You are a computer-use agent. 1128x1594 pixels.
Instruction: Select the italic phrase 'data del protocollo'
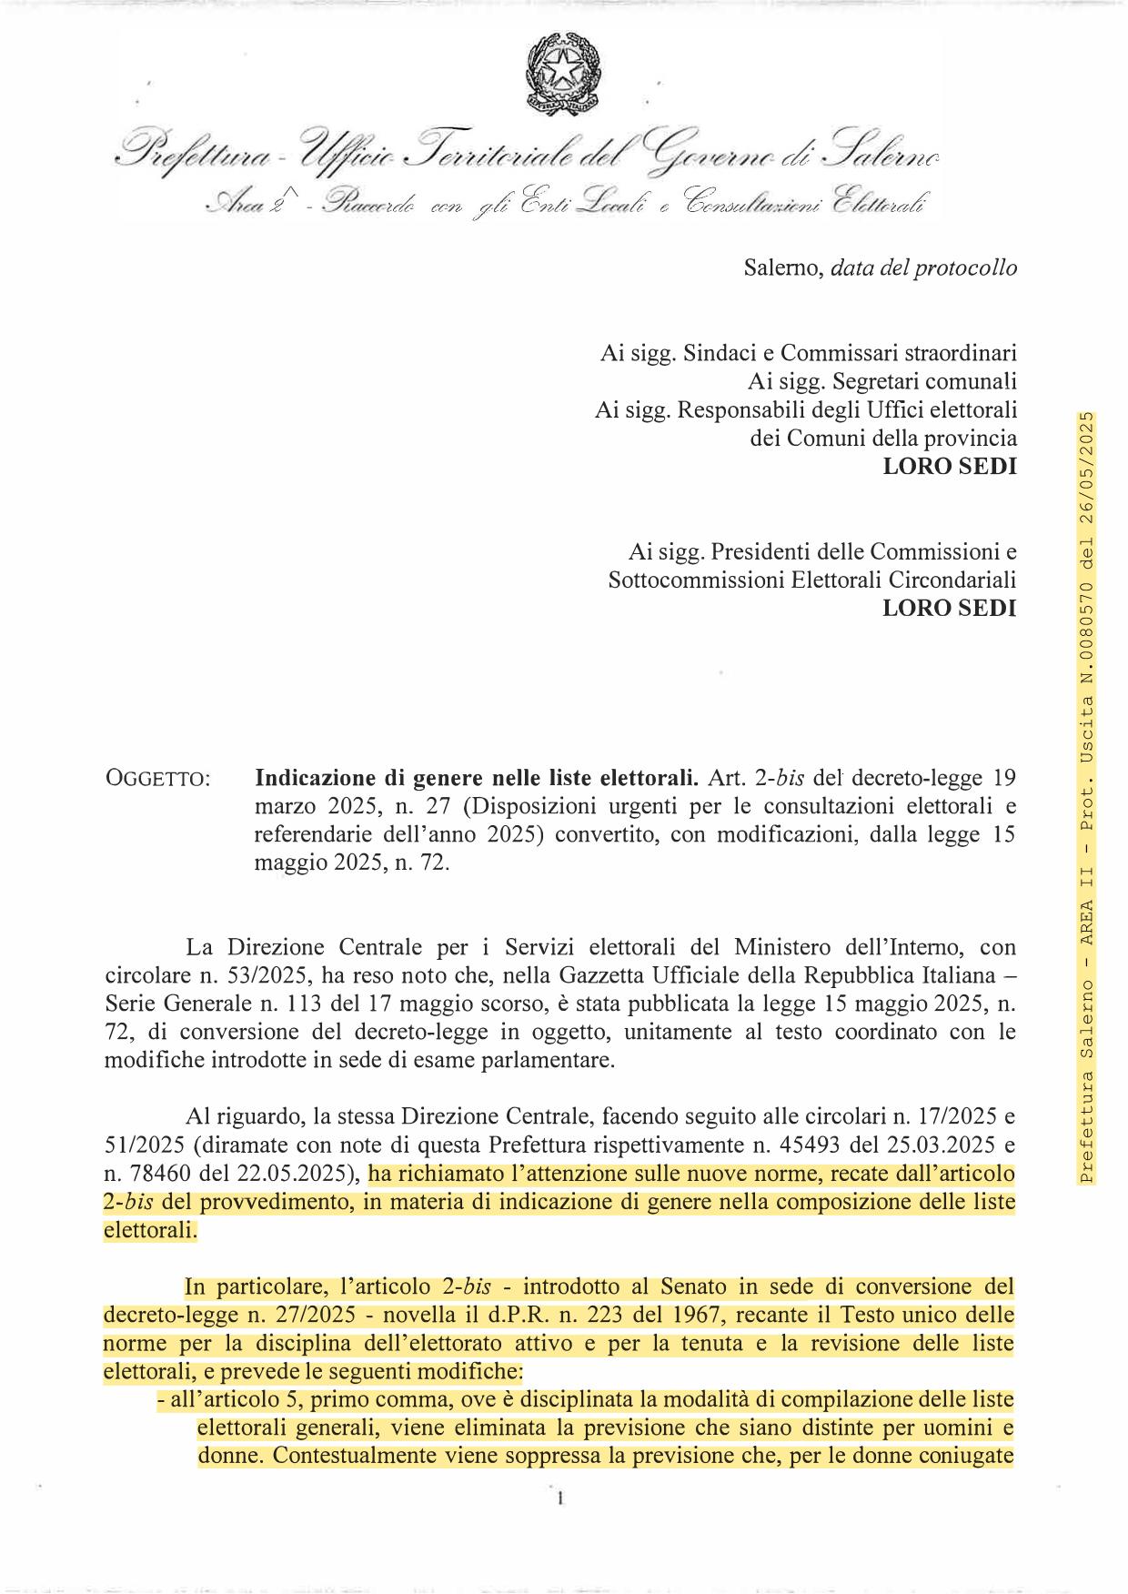923,268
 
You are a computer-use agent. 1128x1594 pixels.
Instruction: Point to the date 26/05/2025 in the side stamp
1087,473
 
